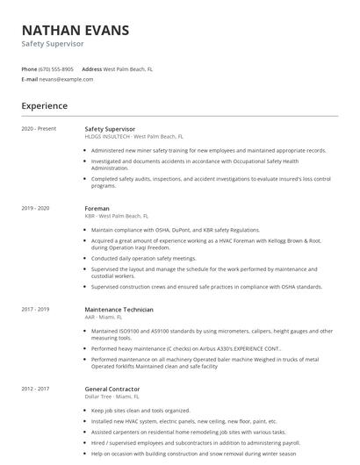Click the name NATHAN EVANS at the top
tap(75, 30)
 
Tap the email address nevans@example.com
tap(67, 79)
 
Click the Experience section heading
tap(44, 106)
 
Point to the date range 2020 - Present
tap(39, 129)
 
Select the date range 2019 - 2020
tap(35, 208)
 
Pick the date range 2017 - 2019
tap(35, 309)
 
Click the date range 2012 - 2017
tap(35, 389)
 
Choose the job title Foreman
tap(97, 208)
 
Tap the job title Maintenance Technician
tap(119, 309)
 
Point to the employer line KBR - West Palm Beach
tap(117, 216)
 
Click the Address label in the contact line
tap(91, 68)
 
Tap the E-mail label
tap(29, 79)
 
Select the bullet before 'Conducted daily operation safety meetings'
tap(85, 259)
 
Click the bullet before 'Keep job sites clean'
tap(85, 410)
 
